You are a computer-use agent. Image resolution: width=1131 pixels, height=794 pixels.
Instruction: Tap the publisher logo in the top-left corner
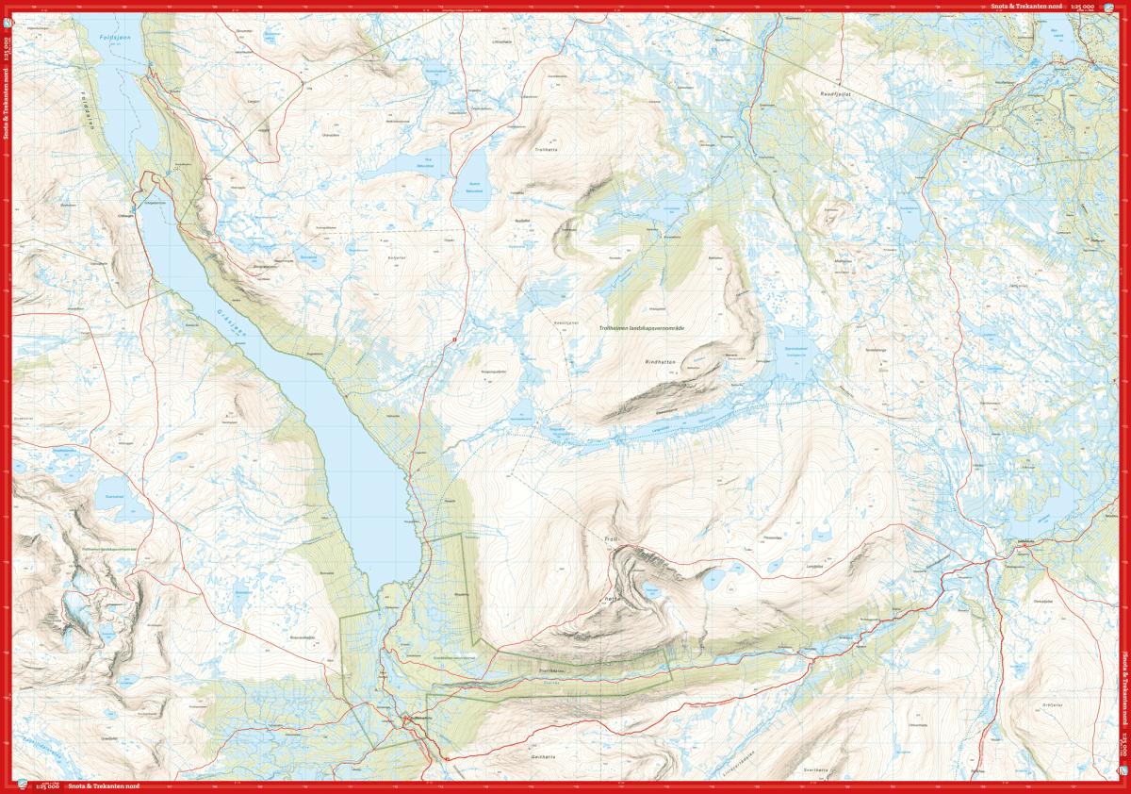pos(9,8)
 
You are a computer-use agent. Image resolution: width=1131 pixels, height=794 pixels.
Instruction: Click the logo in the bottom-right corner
pos(1122,785)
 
